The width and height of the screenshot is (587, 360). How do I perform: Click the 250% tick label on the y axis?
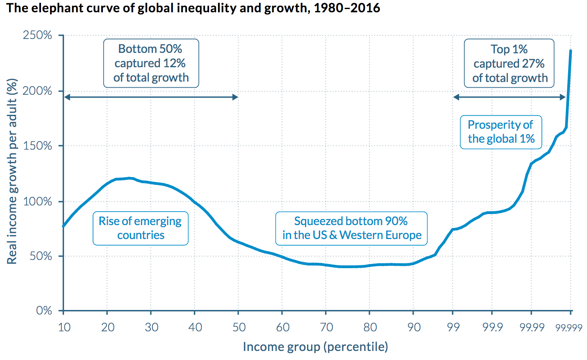click(37, 35)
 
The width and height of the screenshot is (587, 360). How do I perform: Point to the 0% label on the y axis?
click(44, 310)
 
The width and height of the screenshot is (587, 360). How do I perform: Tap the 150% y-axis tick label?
click(37, 146)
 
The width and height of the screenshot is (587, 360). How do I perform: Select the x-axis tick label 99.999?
click(569, 328)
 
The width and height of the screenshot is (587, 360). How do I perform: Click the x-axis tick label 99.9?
click(493, 327)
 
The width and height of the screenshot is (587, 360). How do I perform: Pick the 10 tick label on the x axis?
click(64, 327)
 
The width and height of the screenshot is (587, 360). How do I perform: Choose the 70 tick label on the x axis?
click(326, 327)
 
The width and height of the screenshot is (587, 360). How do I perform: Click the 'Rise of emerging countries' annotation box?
click(140, 228)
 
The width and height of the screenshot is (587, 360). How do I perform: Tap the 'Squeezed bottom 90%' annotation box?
click(351, 228)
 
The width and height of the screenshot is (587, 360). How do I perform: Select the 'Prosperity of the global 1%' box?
click(501, 132)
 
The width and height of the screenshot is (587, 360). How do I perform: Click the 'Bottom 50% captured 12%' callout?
click(151, 63)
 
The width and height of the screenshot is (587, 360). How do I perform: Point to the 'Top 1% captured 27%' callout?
click(509, 64)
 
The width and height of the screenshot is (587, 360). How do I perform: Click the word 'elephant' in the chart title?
click(55, 8)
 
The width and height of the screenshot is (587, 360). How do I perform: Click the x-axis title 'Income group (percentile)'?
click(315, 347)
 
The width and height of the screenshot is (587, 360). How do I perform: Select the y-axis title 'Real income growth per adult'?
click(12, 171)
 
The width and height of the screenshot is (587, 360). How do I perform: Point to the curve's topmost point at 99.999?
click(571, 51)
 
